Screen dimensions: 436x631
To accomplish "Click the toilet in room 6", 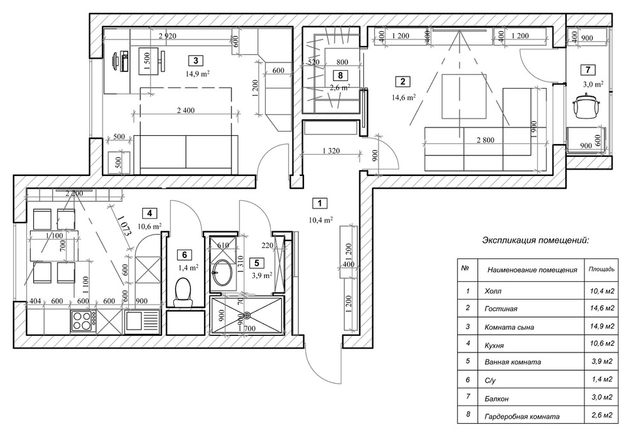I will tap(183, 291).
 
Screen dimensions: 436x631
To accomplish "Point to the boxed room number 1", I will tap(319, 203).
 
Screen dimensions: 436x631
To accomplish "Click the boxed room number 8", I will tap(341, 75).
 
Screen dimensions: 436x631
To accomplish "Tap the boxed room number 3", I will tap(195, 61).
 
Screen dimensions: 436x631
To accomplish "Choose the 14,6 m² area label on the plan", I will tap(404, 98).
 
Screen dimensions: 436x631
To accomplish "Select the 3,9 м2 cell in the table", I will tap(601, 361).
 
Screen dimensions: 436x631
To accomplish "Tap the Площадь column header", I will tap(601, 269).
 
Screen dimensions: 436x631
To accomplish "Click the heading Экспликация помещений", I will tap(535, 240).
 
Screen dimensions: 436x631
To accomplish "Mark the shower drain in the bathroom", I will tap(246, 314).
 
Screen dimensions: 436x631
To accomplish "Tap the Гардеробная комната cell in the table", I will tap(522, 416).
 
